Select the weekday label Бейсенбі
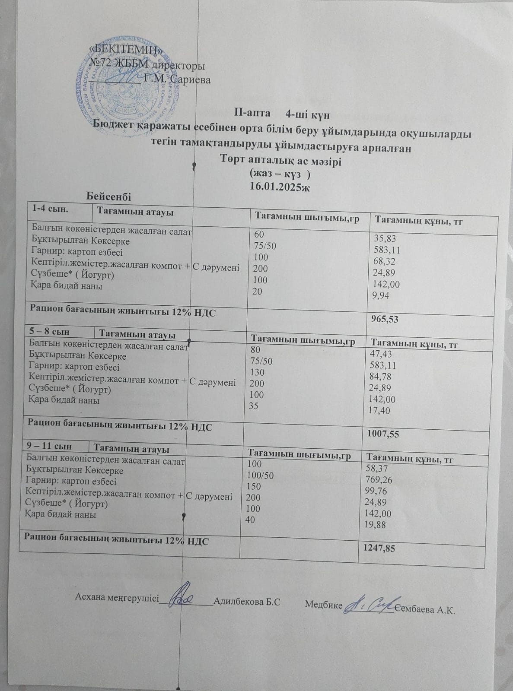tap(108, 196)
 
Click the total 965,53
tap(385, 320)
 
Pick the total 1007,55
tap(382, 434)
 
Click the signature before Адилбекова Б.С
tap(185, 599)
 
